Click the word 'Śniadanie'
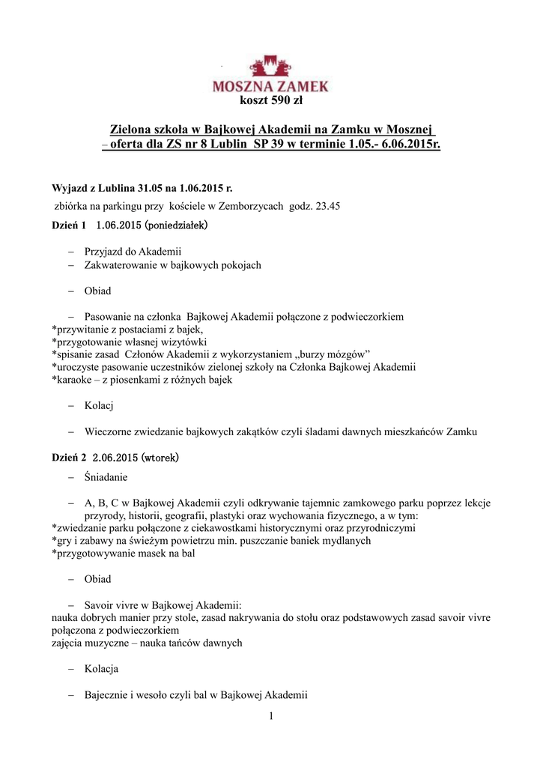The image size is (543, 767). pos(106,477)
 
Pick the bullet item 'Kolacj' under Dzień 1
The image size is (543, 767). pos(99,406)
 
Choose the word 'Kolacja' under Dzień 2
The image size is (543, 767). pos(102,669)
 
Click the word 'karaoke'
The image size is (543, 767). pos(76,380)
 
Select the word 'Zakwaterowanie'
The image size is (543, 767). pos(121,265)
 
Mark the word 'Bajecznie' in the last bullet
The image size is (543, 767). pos(107,695)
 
